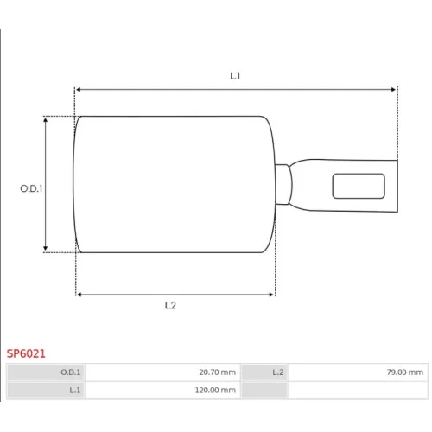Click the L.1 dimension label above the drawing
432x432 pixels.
coord(235,76)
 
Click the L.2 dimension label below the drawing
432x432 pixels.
coord(170,305)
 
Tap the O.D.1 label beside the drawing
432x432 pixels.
coord(31,188)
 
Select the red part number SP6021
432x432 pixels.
coord(26,353)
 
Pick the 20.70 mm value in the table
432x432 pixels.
coord(218,372)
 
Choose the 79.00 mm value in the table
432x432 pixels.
coord(405,372)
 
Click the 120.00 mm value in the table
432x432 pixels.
coord(215,390)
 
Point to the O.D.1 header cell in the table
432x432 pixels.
coord(46,372)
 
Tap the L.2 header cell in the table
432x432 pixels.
coord(264,372)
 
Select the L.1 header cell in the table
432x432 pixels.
coord(46,390)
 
